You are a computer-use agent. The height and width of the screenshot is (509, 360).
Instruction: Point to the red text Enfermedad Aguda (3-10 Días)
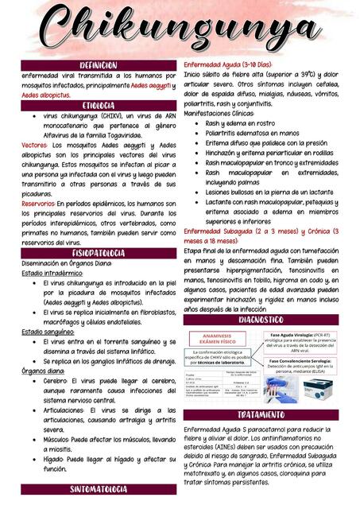point(228,64)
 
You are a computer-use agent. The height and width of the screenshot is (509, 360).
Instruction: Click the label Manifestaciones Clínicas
point(219,114)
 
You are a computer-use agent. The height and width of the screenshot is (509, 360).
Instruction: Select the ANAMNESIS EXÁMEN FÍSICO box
point(212,339)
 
